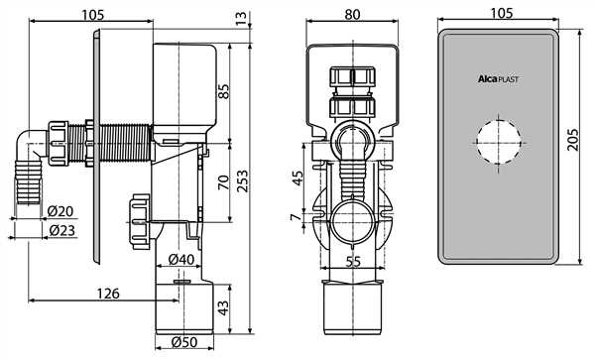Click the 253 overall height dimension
pos(242,180)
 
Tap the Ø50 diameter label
pos(184,342)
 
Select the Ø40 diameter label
pos(181,259)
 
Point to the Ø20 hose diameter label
pos(60,211)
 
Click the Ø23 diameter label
pos(61,230)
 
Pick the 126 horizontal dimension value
pos(108,294)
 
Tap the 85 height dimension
pos(225,91)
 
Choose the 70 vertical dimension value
pos(224,182)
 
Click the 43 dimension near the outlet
pos(224,307)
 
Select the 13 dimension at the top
pos(241,18)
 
